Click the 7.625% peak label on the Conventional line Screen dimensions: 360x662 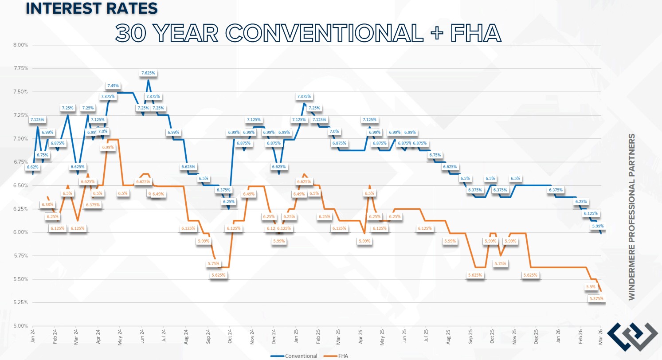[149, 73]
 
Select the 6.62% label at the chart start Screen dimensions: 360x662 [33, 167]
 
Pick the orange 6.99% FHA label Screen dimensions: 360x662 [108, 147]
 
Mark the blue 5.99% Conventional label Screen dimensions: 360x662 [597, 226]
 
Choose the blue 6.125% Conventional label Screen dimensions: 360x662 [591, 213]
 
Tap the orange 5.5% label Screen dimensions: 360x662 [591, 287]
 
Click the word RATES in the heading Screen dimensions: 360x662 [129, 8]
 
